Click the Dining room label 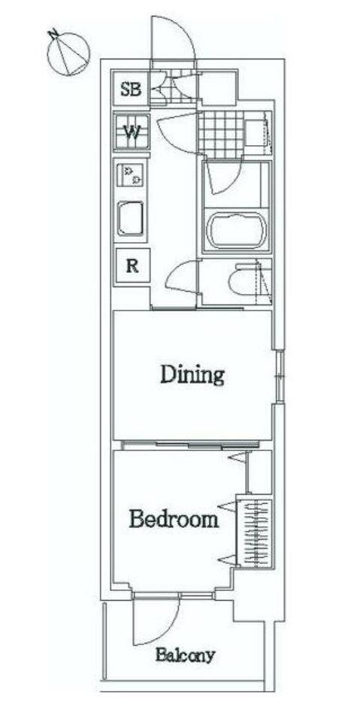(192, 375)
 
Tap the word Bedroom (174, 518)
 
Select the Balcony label (185, 656)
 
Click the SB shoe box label (131, 89)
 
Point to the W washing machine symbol (132, 132)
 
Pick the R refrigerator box (132, 265)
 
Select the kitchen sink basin (131, 219)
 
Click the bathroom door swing (222, 177)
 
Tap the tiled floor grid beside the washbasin (221, 135)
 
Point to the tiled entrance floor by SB (174, 88)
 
